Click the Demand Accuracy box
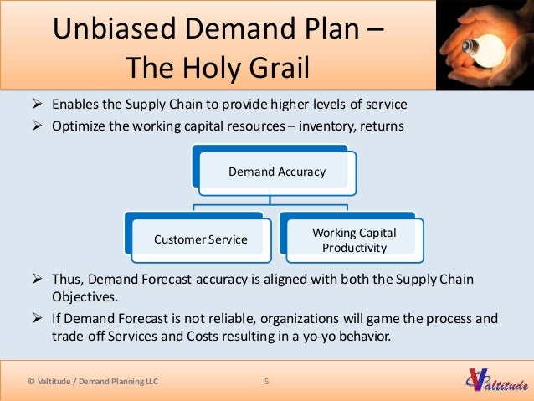(277, 172)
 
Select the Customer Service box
(201, 239)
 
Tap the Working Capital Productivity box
(354, 239)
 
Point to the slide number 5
(266, 383)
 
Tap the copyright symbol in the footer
(31, 383)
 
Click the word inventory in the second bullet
(326, 126)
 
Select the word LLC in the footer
(147, 383)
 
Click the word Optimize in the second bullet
(78, 126)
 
